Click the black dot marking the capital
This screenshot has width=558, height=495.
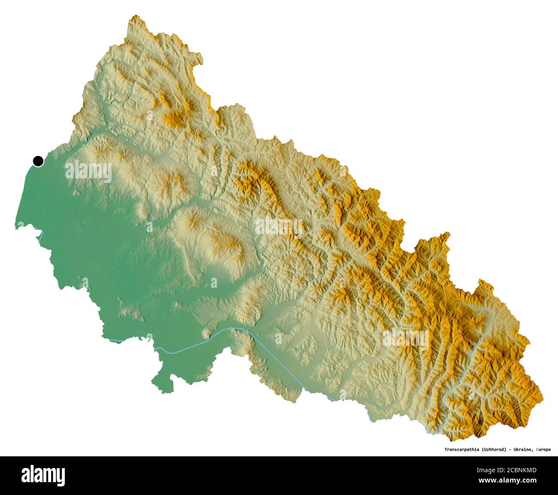pyautogui.click(x=38, y=161)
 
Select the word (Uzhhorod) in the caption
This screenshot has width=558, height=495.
pyautogui.click(x=494, y=449)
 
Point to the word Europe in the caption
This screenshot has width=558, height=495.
pyautogui.click(x=543, y=449)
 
